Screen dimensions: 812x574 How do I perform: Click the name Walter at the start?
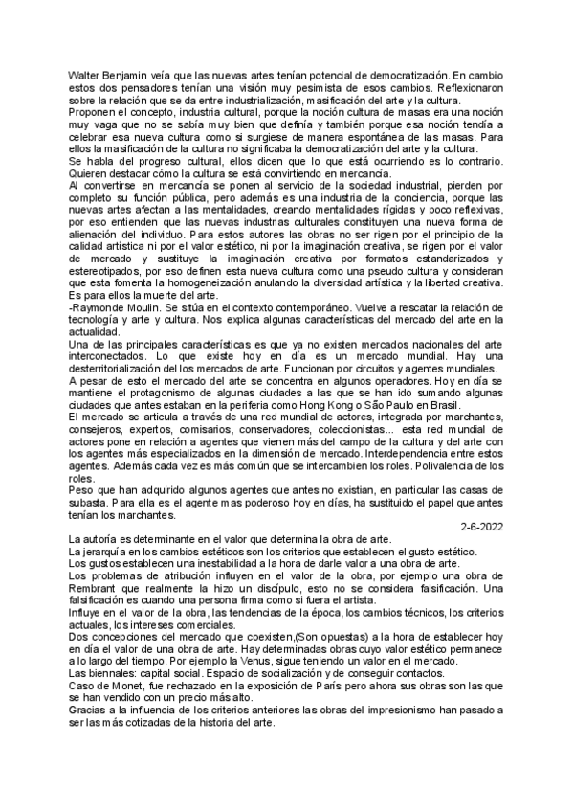click(83, 74)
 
